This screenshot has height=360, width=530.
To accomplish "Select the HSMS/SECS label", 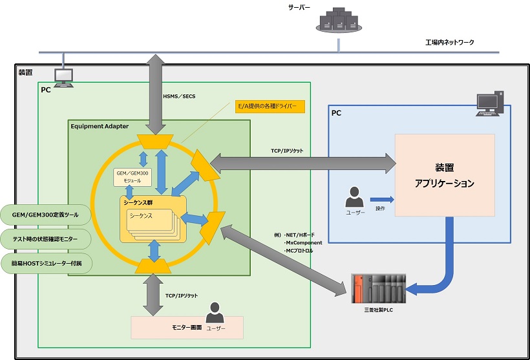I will click(180, 96).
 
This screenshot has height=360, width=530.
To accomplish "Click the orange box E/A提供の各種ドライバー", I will click(270, 107).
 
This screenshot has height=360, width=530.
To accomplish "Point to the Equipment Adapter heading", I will click(100, 126).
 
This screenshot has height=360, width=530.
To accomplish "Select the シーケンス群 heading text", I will click(140, 202).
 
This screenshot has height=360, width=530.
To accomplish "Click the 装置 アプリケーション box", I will click(445, 175).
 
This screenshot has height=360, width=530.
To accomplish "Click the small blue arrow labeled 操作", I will click(381, 199).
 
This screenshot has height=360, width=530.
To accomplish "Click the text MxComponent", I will click(303, 242).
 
